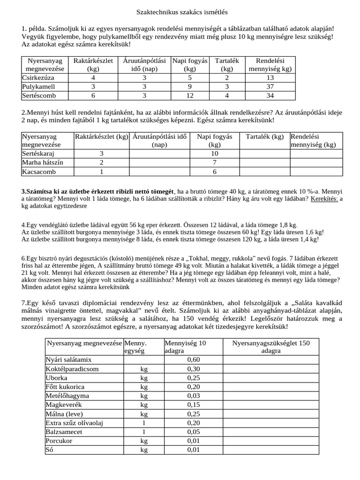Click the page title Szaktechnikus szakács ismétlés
pyautogui.click(x=182, y=11)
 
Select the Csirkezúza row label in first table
pyautogui.click(x=38, y=78)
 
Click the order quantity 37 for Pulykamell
pyautogui.click(x=270, y=87)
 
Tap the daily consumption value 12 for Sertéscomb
pyautogui.click(x=189, y=96)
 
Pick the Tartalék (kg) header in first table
pyautogui.click(x=227, y=65)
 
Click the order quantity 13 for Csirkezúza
pyautogui.click(x=270, y=78)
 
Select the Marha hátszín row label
pyautogui.click(x=43, y=162)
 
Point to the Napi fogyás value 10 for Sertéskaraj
pyautogui.click(x=214, y=153)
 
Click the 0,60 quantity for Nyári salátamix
pyautogui.click(x=193, y=360)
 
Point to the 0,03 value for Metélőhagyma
pyautogui.click(x=193, y=396)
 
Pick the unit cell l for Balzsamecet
pyautogui.click(x=143, y=432)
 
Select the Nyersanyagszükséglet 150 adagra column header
pyautogui.click(x=271, y=347)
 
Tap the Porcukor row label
pyautogui.click(x=59, y=441)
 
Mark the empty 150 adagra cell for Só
pyautogui.click(x=271, y=450)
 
